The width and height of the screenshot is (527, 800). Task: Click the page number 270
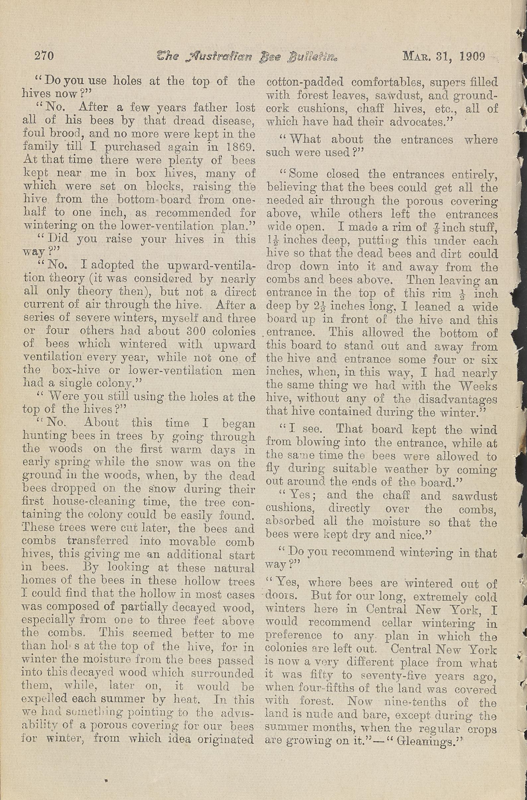coord(44,56)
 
